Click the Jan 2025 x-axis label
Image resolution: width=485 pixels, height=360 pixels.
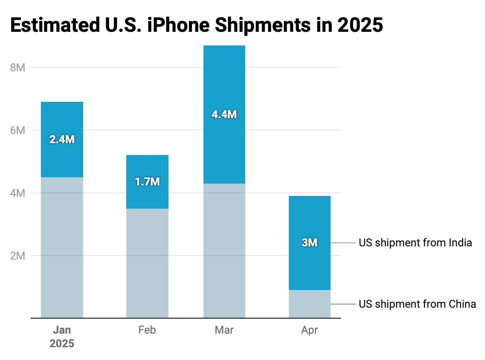tap(62, 336)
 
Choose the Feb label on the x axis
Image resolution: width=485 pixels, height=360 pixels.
tap(147, 330)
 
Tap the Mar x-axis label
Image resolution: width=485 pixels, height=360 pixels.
tap(224, 330)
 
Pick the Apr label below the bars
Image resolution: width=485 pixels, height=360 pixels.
tap(309, 330)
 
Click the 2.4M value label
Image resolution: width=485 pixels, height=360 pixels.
tap(62, 140)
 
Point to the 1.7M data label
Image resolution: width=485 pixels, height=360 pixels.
tap(147, 182)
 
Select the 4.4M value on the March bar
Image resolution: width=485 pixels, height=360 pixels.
tap(224, 115)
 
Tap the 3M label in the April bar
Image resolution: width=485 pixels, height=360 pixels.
tap(309, 243)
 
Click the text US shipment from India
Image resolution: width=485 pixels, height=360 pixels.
tap(415, 243)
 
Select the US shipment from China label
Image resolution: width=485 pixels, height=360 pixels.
tap(417, 304)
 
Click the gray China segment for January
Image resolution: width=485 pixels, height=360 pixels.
tap(62, 248)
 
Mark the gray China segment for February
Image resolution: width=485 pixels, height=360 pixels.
tap(147, 264)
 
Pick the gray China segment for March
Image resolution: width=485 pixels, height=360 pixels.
tap(224, 251)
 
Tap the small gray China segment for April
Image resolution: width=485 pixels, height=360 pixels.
tap(309, 304)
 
